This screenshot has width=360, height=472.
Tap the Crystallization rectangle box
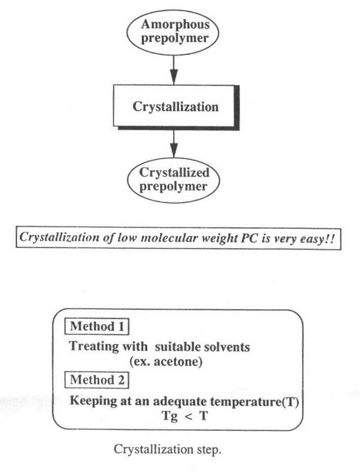tap(175, 107)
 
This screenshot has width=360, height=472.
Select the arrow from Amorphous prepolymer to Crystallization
tap(174, 69)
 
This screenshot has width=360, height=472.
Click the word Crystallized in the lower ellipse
tap(175, 173)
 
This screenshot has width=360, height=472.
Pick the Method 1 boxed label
tap(97, 326)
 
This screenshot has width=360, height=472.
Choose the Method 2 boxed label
tap(97, 379)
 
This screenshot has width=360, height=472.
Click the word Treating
tap(91, 347)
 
